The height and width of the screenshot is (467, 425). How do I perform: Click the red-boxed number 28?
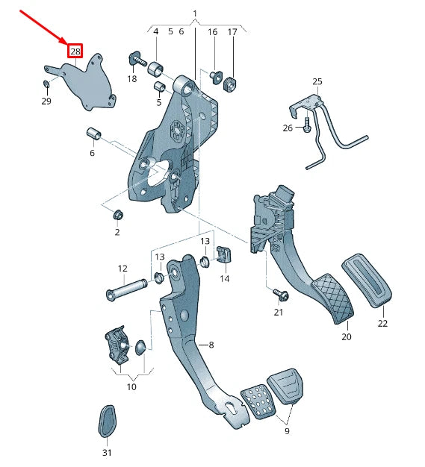click(x=75, y=51)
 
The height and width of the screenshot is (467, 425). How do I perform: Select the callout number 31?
click(x=106, y=453)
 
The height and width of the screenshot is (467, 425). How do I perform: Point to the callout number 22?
click(x=382, y=323)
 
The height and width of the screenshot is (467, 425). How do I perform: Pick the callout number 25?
click(x=317, y=81)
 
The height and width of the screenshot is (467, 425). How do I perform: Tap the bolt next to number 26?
click(x=307, y=128)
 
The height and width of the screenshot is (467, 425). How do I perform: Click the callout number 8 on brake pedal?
click(x=211, y=345)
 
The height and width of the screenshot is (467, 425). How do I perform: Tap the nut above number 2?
click(x=117, y=216)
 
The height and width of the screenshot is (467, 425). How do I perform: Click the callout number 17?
click(x=232, y=32)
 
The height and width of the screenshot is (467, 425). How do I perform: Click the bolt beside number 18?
click(x=135, y=60)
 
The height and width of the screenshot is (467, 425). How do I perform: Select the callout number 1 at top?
click(x=195, y=14)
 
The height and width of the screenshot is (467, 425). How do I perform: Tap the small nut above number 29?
click(x=46, y=82)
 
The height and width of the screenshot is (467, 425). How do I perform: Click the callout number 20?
click(x=346, y=336)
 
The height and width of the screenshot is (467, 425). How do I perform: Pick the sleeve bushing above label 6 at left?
click(x=94, y=134)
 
